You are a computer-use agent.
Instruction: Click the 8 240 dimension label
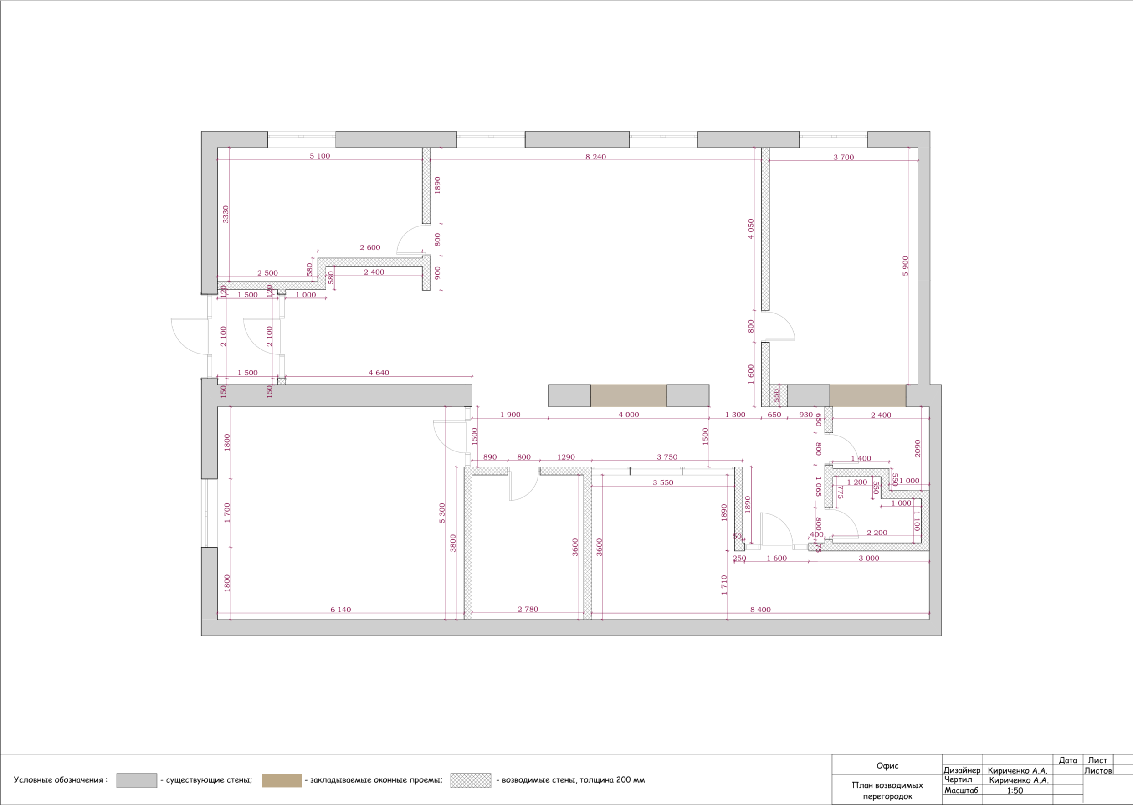pyautogui.click(x=595, y=157)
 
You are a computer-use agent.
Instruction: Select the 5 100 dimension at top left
pyautogui.click(x=320, y=156)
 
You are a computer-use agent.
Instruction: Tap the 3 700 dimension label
pyautogui.click(x=844, y=157)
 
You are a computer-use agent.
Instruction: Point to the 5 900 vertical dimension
pyautogui.click(x=906, y=266)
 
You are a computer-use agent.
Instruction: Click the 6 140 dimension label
pyautogui.click(x=340, y=610)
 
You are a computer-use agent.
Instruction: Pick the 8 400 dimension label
pyautogui.click(x=760, y=610)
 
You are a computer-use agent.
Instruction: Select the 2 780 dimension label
pyautogui.click(x=528, y=609)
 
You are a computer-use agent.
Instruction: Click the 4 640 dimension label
pyautogui.click(x=379, y=373)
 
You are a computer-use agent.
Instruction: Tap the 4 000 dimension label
pyautogui.click(x=628, y=415)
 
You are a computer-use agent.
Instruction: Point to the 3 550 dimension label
pyautogui.click(x=663, y=482)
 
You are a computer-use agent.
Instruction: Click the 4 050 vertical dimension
pyautogui.click(x=751, y=229)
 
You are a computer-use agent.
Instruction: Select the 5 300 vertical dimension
pyautogui.click(x=442, y=513)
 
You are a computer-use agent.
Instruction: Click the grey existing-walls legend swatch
pyautogui.click(x=137, y=780)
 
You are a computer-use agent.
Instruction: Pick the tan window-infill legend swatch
pyautogui.click(x=282, y=780)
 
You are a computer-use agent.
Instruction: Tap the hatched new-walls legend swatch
pyautogui.click(x=471, y=780)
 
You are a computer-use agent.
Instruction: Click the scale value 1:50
pyautogui.click(x=1015, y=790)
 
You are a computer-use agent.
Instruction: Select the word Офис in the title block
pyautogui.click(x=887, y=766)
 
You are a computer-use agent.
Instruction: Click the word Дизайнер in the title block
pyautogui.click(x=962, y=770)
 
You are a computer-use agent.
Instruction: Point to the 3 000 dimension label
pyautogui.click(x=869, y=558)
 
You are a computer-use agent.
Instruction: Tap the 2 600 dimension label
pyautogui.click(x=370, y=247)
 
